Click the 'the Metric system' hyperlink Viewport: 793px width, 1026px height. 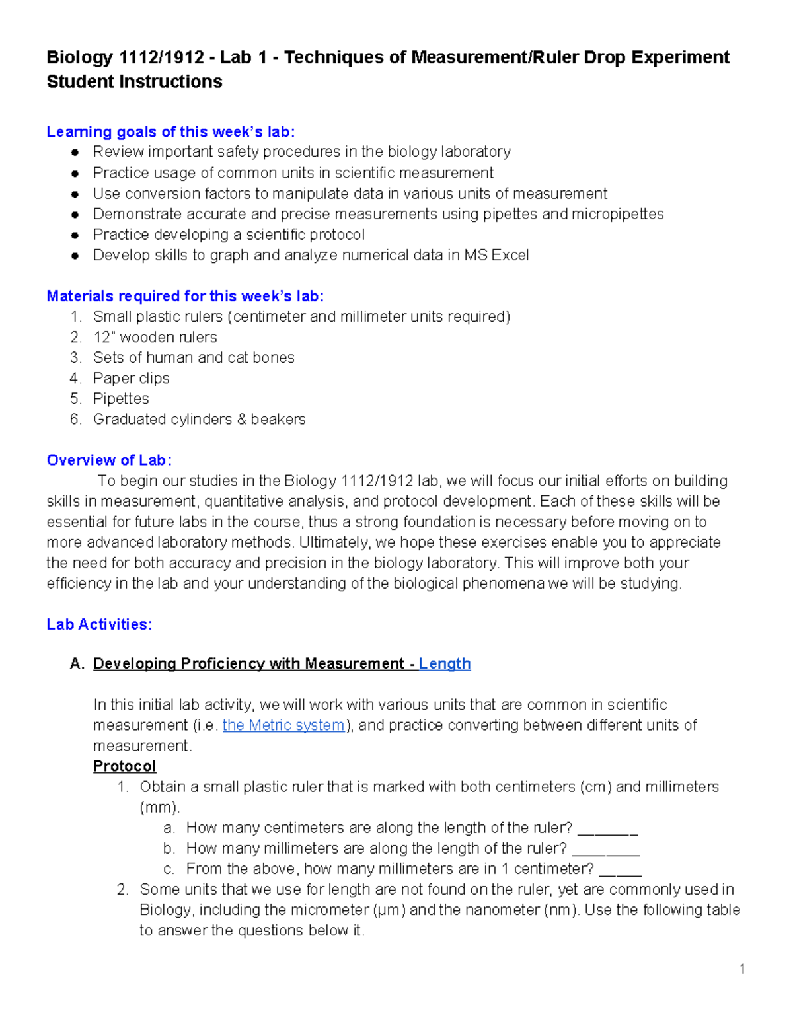283,725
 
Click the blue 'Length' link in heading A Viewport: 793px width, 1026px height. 444,663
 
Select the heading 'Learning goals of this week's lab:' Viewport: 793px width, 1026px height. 170,132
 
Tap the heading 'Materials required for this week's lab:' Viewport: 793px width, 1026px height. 185,296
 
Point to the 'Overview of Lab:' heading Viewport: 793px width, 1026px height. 109,460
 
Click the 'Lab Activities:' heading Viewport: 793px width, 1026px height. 99,624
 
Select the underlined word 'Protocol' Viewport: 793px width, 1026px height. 124,766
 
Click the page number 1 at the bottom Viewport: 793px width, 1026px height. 742,969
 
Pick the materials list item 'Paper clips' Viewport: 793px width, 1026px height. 131,378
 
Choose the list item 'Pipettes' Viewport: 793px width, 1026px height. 121,398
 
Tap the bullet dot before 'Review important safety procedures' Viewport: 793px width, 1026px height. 75,152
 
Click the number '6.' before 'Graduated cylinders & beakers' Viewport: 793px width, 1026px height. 76,419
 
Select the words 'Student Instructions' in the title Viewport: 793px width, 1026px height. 134,82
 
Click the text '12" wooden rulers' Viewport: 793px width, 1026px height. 155,337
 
